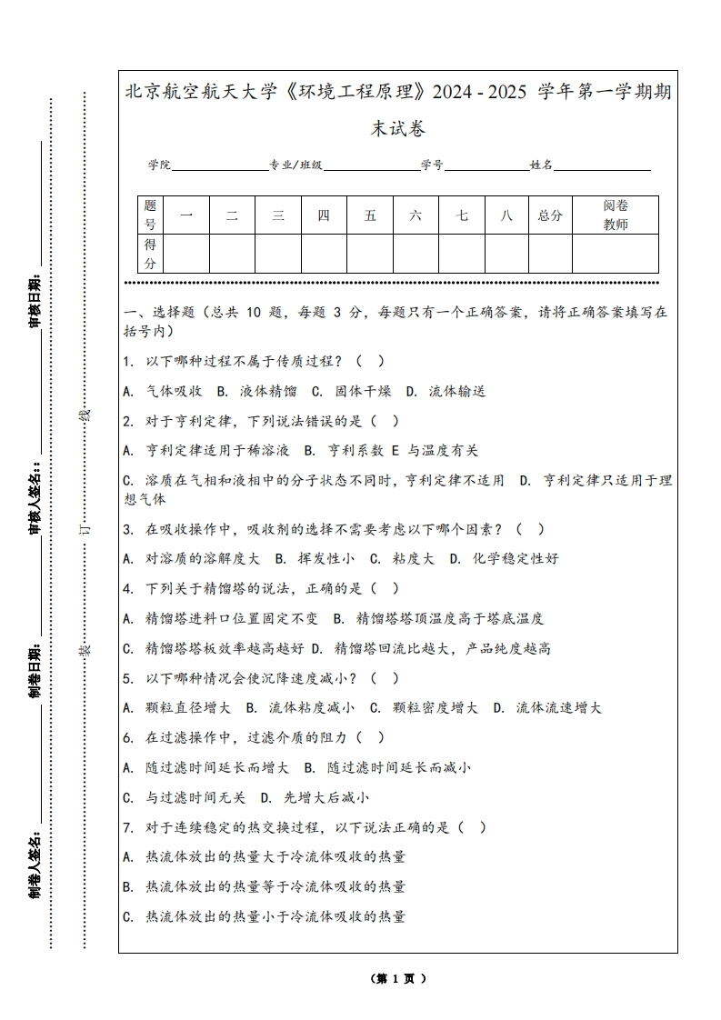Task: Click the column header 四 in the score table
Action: (x=324, y=215)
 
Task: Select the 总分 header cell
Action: (x=550, y=215)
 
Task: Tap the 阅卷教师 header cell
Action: (x=616, y=215)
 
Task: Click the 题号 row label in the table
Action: (x=150, y=215)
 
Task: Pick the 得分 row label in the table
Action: (x=150, y=254)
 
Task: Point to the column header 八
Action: (x=506, y=215)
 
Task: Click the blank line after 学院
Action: (x=219, y=166)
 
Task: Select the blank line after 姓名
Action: (x=602, y=166)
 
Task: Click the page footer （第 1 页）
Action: (x=398, y=979)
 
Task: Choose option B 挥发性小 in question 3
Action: (x=315, y=558)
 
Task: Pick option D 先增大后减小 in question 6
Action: (x=314, y=797)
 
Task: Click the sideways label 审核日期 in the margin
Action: (x=35, y=301)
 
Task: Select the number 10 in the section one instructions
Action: (x=253, y=312)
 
